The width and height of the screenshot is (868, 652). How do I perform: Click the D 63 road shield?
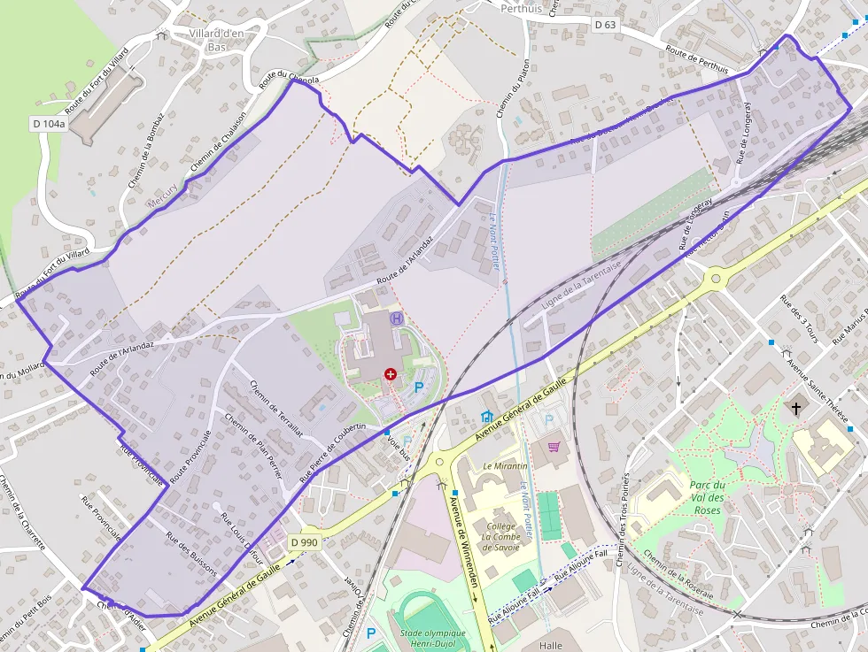pos(605,25)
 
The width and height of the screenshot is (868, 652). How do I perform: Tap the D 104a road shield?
pos(49,124)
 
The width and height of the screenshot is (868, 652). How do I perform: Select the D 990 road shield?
pos(303,542)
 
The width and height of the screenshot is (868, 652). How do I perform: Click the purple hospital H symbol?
pos(397,318)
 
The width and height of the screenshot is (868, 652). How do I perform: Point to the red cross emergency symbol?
pos(390,375)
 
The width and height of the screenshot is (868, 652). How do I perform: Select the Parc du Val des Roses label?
pos(707,497)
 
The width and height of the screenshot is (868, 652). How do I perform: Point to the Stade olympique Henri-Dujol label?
pos(432,639)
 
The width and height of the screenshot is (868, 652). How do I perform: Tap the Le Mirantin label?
pos(505,466)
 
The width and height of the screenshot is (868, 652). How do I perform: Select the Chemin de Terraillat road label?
pos(276,408)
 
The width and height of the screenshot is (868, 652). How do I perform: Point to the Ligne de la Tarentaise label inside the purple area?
pos(581,283)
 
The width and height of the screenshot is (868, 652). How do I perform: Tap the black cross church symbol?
pos(796,408)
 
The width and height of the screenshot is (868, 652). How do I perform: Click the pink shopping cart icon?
pos(554,447)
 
